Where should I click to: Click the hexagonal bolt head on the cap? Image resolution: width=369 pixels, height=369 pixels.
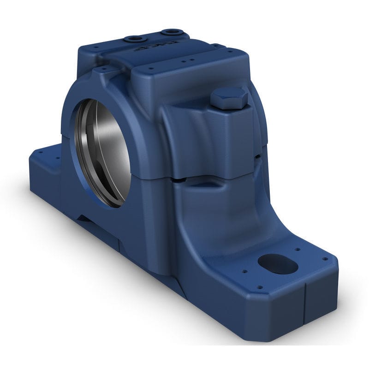[229, 98]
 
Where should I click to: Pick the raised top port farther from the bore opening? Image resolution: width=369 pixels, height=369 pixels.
[171, 32]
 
